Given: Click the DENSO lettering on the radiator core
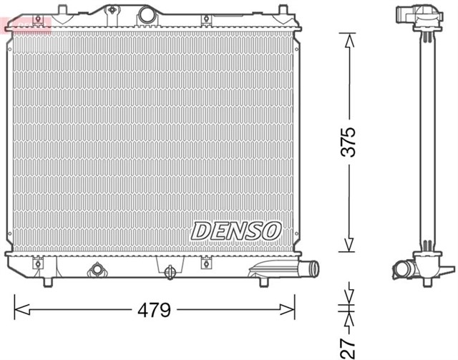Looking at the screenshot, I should tap(236, 230).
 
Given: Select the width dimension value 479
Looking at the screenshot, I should tap(155, 311).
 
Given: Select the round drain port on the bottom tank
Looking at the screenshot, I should tap(97, 271).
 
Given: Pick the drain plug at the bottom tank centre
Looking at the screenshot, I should tap(170, 272).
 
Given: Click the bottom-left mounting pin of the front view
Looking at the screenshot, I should tap(47, 281).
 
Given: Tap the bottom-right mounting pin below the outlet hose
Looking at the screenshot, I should tap(258, 282).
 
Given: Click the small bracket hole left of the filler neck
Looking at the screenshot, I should tap(112, 10).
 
